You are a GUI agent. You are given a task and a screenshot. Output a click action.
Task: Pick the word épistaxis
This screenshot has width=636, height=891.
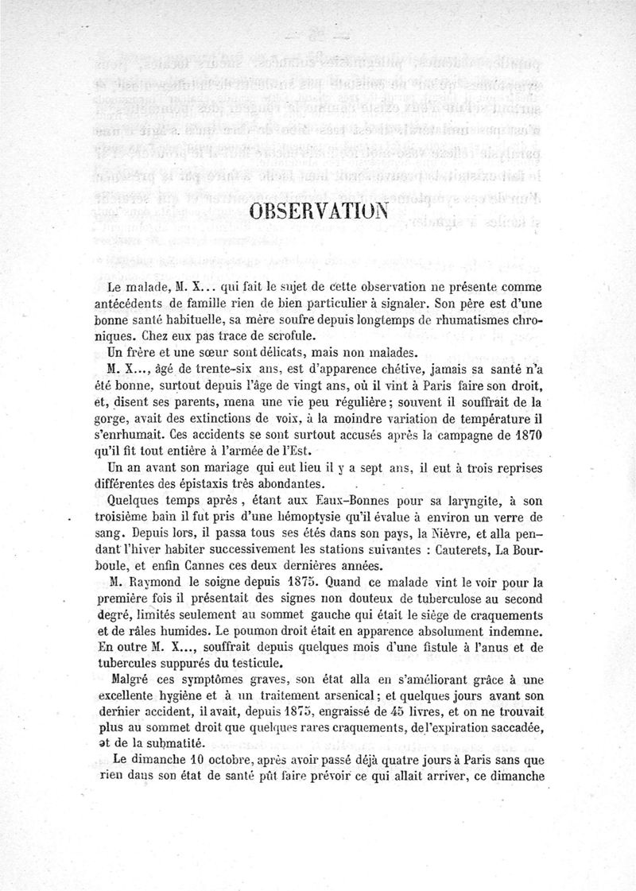click(x=212, y=483)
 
